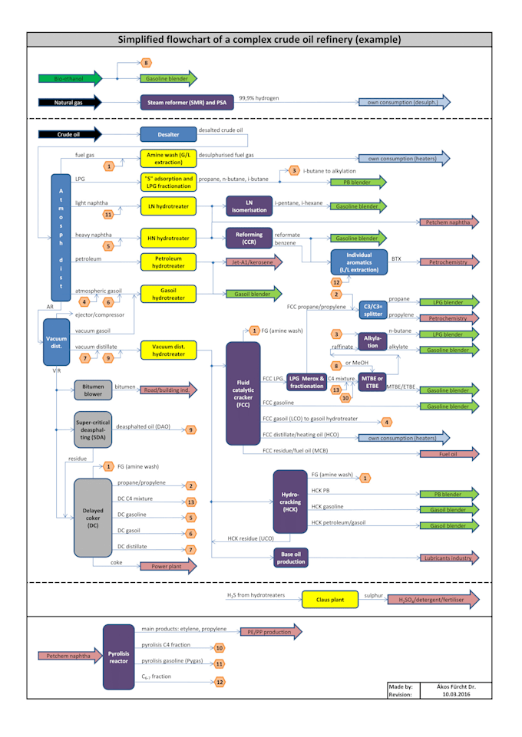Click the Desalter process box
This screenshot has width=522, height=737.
(x=168, y=134)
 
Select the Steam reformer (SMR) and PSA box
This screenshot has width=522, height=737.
(x=187, y=102)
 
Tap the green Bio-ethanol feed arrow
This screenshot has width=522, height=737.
(x=68, y=77)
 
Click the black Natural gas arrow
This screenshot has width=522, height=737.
(x=68, y=102)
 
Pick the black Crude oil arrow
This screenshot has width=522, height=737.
(x=68, y=134)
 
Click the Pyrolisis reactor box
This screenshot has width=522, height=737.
(x=118, y=656)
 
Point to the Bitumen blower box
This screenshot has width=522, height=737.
(x=93, y=390)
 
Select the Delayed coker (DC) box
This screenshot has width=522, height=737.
(x=92, y=517)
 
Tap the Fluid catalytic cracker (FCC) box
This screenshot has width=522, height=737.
(x=243, y=393)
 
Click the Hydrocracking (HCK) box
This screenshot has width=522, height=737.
(x=290, y=502)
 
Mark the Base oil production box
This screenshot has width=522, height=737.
(x=290, y=558)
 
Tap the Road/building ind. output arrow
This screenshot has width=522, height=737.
(x=167, y=390)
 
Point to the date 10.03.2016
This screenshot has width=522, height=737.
(x=456, y=695)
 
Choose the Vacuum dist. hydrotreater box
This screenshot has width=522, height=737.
(x=168, y=350)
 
